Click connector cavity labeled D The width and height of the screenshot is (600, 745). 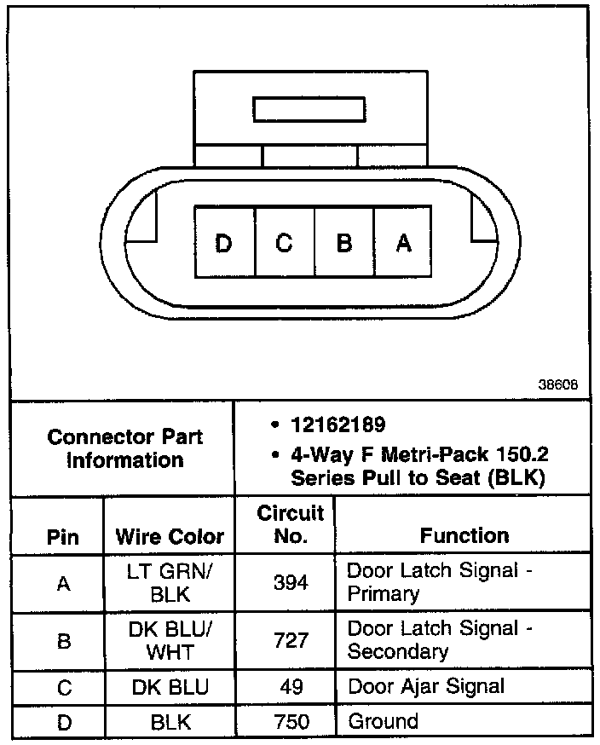pyautogui.click(x=224, y=244)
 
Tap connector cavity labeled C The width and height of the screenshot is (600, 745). pyautogui.click(x=284, y=244)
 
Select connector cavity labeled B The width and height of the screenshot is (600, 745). pyautogui.click(x=344, y=244)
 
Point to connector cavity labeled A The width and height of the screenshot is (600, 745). pyautogui.click(x=404, y=244)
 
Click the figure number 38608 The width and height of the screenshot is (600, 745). pyautogui.click(x=558, y=384)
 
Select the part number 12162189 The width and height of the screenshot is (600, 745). pyautogui.click(x=337, y=424)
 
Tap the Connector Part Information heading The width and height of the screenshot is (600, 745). pyautogui.click(x=125, y=448)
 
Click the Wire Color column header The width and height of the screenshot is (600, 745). pyautogui.click(x=170, y=537)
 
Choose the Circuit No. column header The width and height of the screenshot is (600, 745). pyautogui.click(x=291, y=524)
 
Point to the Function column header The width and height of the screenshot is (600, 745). pyautogui.click(x=464, y=535)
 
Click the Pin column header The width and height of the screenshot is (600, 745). pyautogui.click(x=63, y=538)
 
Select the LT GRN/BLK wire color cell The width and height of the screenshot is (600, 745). pyautogui.click(x=170, y=582)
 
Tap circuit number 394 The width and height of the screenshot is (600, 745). pyautogui.click(x=291, y=582)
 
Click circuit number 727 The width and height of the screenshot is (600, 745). pyautogui.click(x=291, y=640)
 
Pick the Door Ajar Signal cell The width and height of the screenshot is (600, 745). pyautogui.click(x=425, y=686)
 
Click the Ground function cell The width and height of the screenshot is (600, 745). pyautogui.click(x=384, y=721)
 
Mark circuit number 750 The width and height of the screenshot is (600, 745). pyautogui.click(x=291, y=722)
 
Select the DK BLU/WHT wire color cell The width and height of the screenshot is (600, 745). pyautogui.click(x=170, y=640)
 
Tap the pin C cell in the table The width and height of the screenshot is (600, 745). pyautogui.click(x=63, y=687)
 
